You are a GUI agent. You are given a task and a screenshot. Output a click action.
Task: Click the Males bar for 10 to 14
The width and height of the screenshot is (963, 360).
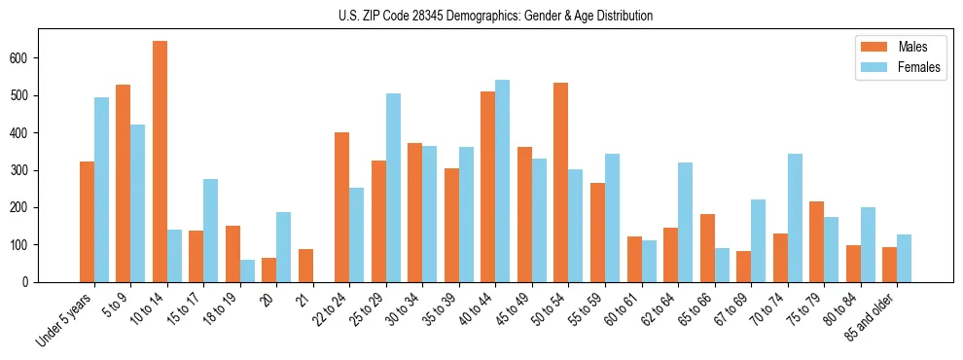coord(160,162)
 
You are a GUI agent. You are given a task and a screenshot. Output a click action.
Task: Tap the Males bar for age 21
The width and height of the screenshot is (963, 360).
coord(305,266)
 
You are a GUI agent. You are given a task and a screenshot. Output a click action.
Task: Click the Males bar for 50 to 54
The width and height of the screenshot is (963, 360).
coord(560,183)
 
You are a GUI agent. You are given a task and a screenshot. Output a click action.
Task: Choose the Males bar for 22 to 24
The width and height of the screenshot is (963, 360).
coord(341,207)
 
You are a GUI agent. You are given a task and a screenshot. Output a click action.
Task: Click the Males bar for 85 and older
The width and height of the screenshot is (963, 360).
coord(889,265)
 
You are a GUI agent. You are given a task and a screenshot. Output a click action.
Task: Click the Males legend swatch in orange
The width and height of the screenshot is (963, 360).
coord(871,47)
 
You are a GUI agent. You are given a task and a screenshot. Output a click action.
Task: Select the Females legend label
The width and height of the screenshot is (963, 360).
coord(919,67)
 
